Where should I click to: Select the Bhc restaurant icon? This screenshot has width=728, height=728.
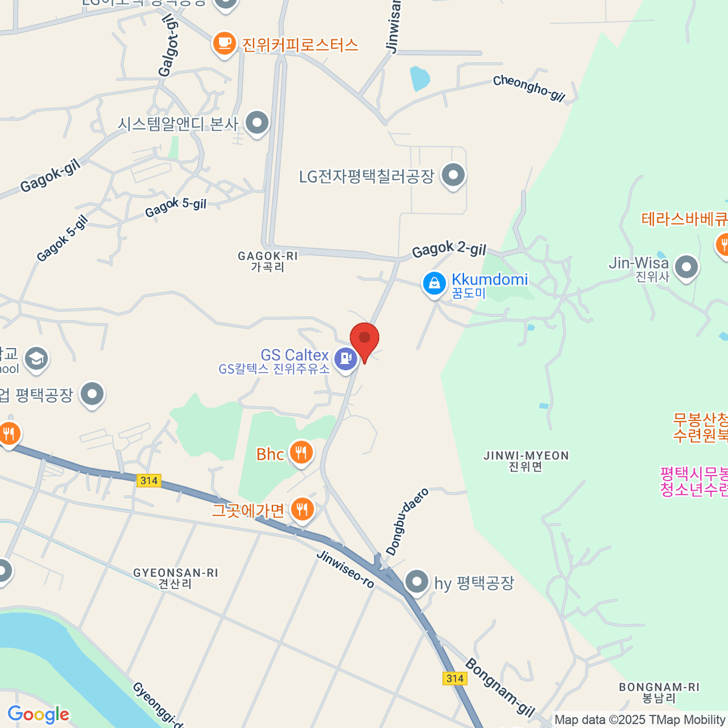tap(301, 453)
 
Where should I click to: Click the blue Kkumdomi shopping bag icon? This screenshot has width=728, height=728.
tap(434, 283)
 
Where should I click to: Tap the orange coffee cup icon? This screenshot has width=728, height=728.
tap(224, 44)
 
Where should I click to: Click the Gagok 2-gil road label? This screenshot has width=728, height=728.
tap(449, 249)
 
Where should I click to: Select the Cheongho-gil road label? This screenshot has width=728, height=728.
tap(529, 88)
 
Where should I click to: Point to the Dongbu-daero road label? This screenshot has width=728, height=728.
tap(407, 521)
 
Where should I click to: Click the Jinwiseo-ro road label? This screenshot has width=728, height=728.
tap(345, 569)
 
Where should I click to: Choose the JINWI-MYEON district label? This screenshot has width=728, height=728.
tap(526, 456)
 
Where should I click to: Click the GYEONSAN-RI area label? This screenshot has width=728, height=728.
tap(175, 573)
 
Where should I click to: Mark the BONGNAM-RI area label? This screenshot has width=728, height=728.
tap(659, 687)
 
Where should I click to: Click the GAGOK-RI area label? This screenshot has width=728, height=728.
tap(268, 257)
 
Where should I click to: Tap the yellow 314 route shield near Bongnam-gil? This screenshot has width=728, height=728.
tap(455, 678)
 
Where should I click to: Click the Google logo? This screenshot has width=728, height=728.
tap(38, 715)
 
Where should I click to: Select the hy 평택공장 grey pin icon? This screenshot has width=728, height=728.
tap(417, 582)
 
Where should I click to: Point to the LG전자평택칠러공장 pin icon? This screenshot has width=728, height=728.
tap(453, 176)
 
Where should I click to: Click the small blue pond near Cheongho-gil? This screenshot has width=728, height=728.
tap(420, 78)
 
